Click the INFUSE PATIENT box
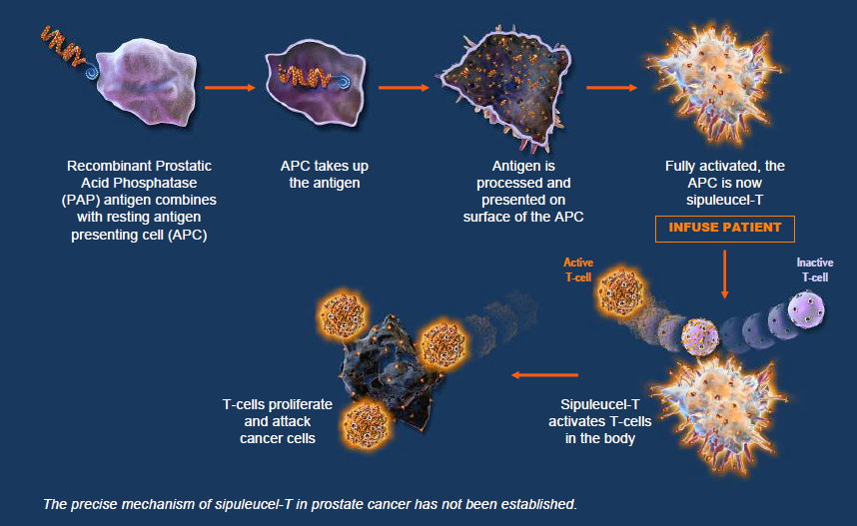725,229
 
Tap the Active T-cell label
578,269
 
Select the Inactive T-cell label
814,269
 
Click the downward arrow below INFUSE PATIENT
725,274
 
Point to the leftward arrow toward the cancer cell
545,375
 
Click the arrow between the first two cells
230,88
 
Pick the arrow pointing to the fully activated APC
611,88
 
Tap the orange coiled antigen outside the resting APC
63,47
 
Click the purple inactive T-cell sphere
806,310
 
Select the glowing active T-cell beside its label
621,291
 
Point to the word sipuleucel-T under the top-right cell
725,200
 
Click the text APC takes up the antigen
324,175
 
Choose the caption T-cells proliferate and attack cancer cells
277,421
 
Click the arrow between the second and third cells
404,88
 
